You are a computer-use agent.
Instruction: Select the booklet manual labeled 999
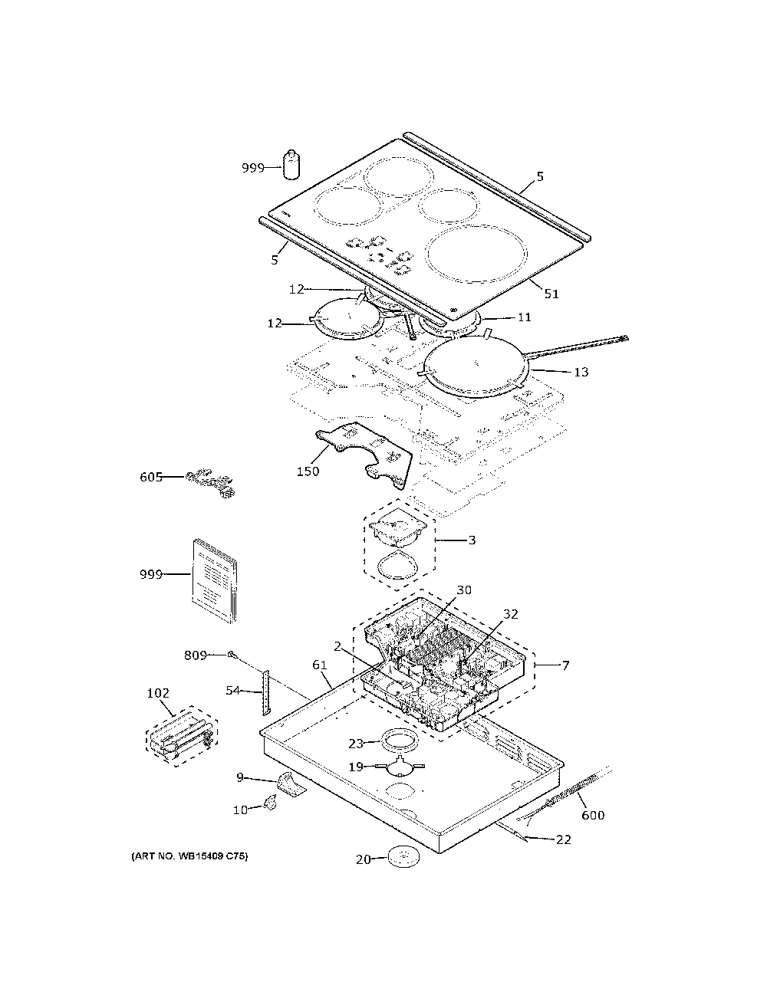215,580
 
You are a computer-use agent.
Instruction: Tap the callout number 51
551,294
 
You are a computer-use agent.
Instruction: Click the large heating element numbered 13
477,366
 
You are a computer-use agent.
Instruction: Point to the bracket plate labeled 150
365,452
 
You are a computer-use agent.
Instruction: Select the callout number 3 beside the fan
472,540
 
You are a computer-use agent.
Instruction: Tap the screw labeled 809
232,655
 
